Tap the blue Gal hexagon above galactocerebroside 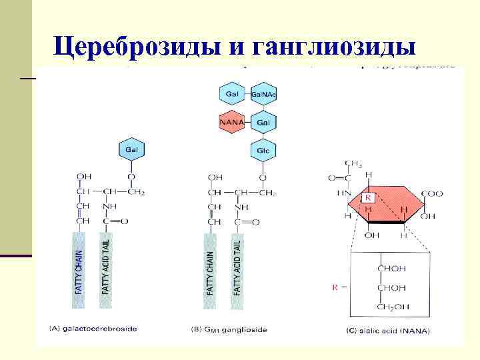tap(131, 150)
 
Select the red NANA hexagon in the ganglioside tap(231, 123)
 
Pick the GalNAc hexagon tap(263, 94)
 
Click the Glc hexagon tap(263, 150)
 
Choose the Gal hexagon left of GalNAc tap(231, 94)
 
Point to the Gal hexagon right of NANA tap(263, 123)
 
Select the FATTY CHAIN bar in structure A tap(80, 270)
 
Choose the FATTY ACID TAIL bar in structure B tap(237, 270)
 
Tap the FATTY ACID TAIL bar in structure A tap(106, 270)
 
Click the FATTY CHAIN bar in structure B tap(211, 270)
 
